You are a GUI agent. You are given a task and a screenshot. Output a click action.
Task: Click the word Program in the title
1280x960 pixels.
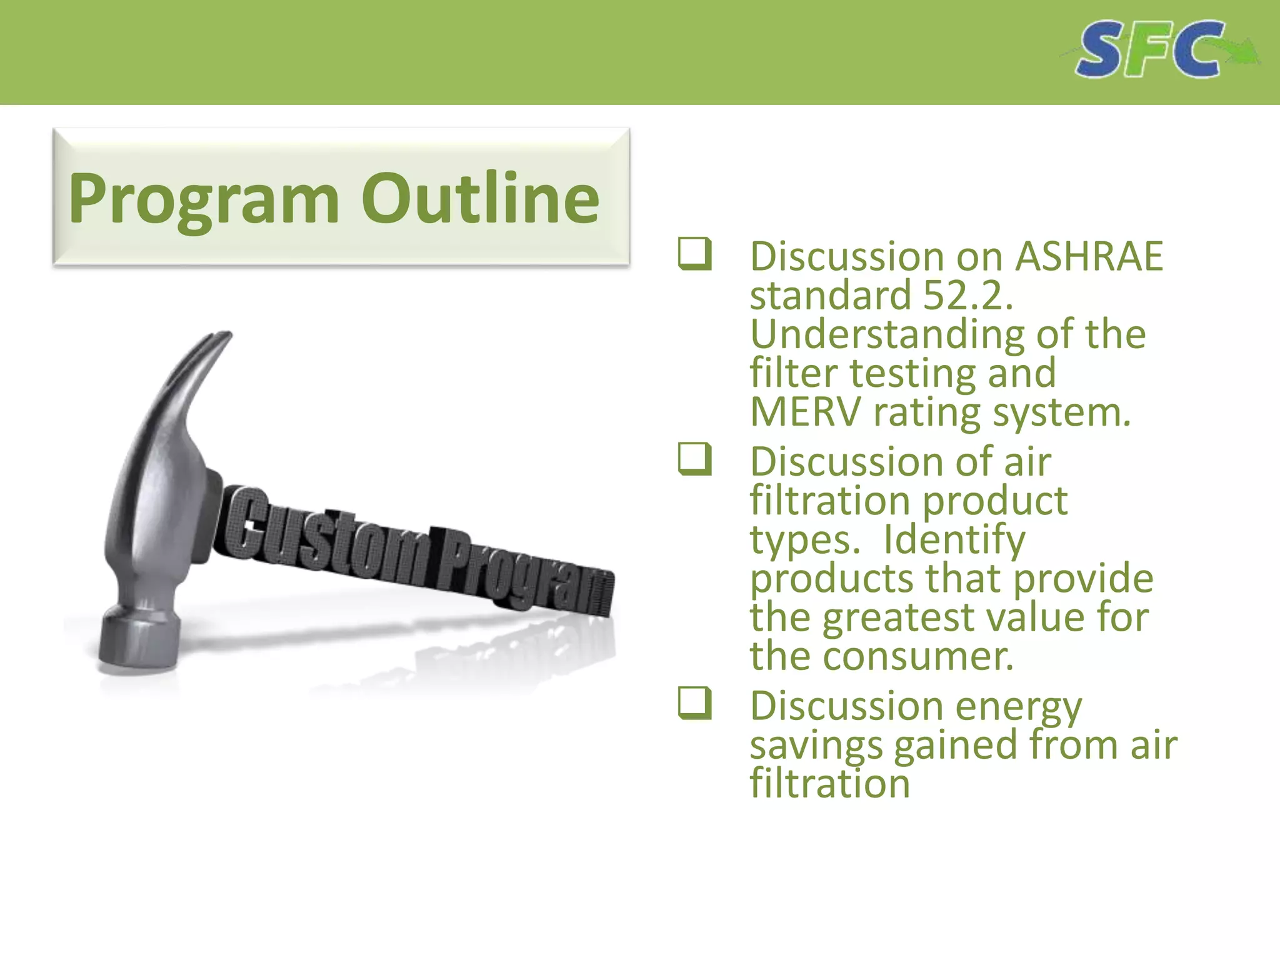[204, 199]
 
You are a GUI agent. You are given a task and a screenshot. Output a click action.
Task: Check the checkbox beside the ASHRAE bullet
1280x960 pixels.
[694, 254]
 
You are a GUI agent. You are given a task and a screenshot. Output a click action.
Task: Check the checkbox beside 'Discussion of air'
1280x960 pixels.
[694, 459]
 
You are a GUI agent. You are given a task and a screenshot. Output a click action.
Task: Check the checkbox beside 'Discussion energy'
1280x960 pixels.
[694, 703]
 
